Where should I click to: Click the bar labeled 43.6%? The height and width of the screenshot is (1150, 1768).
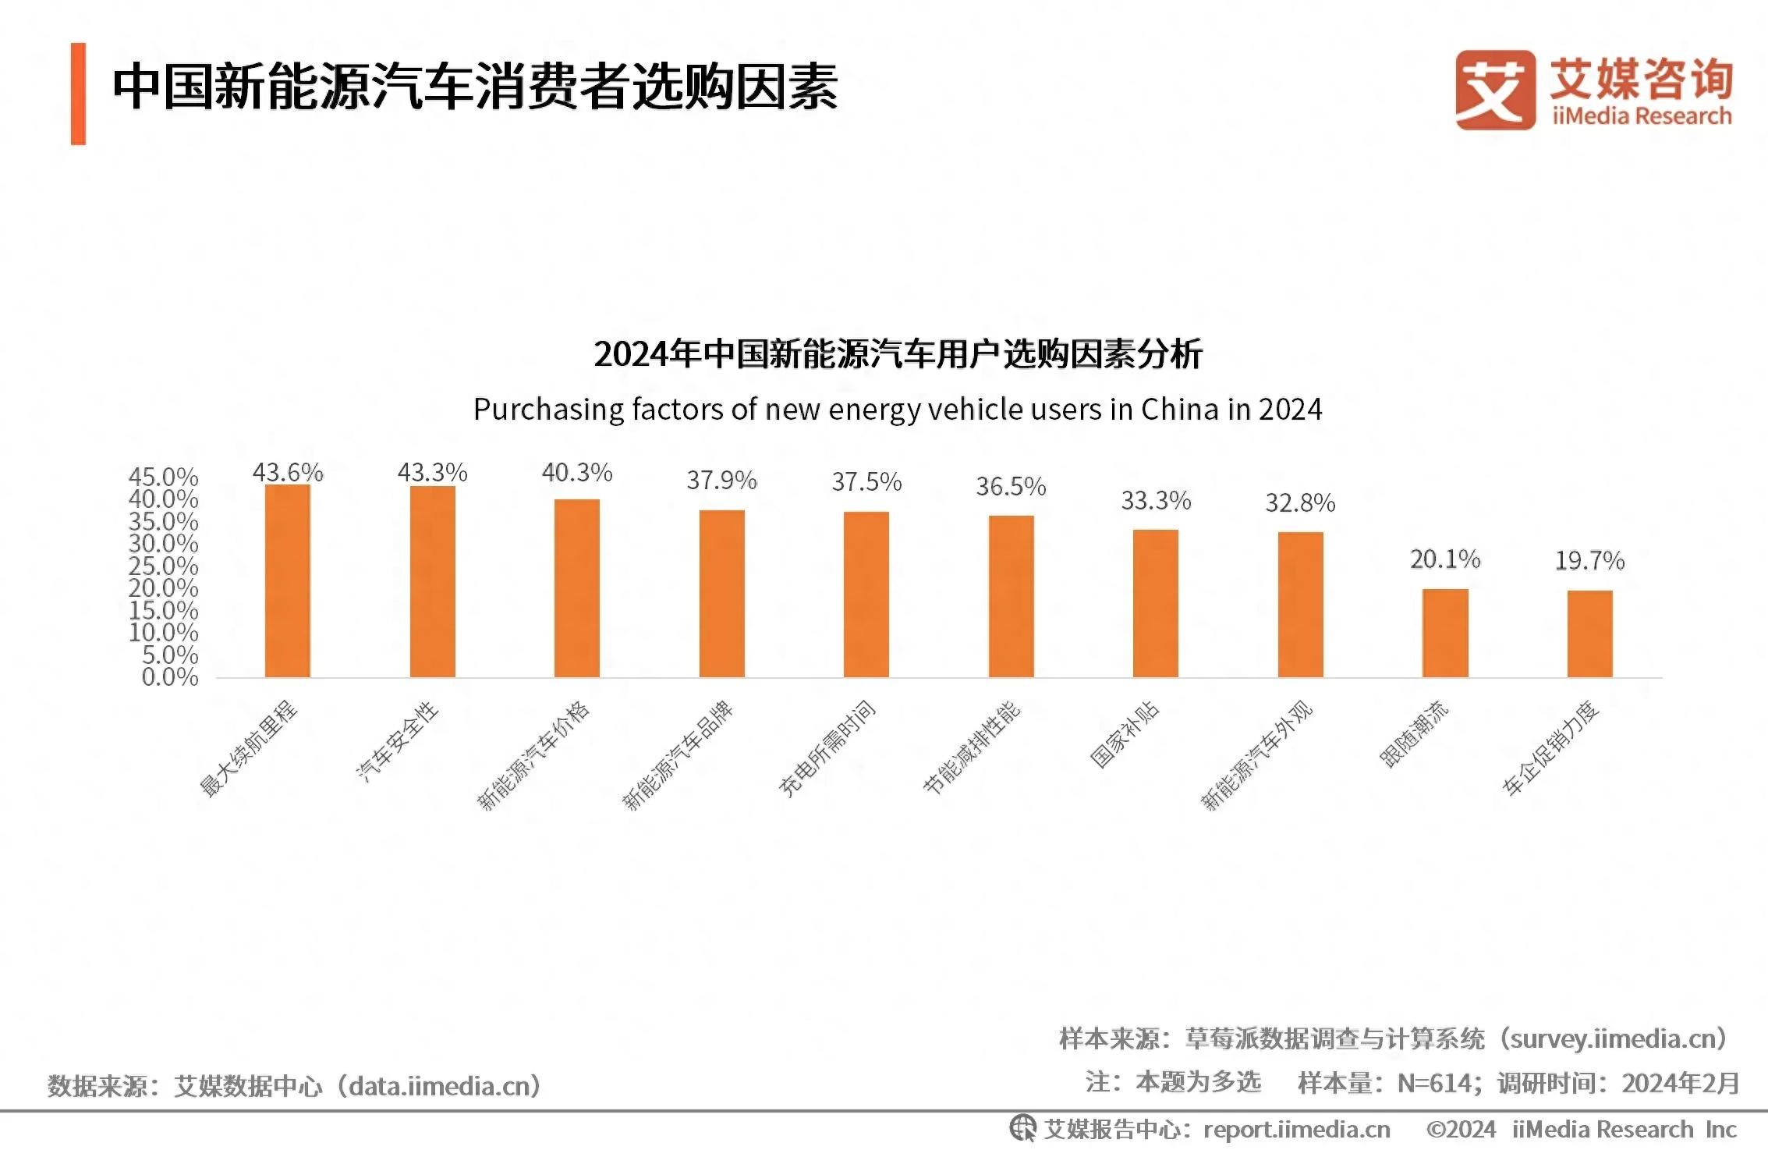point(287,580)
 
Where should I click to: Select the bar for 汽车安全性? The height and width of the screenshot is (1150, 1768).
point(432,581)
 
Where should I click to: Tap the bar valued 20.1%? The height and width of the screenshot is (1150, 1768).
point(1445,633)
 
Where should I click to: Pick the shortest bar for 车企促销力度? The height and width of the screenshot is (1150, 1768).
point(1589,634)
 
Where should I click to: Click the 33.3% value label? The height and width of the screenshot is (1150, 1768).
point(1156,501)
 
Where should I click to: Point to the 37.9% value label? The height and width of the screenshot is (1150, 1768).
point(721,481)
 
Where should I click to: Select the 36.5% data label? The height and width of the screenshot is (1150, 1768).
point(1011,487)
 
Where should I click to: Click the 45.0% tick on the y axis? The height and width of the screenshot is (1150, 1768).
point(163,477)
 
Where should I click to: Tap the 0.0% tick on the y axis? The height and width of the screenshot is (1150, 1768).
point(169,677)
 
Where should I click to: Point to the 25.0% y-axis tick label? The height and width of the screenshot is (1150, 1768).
point(163,566)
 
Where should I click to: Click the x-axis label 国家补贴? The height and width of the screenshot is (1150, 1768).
point(1124,735)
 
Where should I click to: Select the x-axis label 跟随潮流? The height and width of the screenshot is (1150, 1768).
point(1413,734)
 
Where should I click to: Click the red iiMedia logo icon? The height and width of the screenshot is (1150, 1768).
point(1494,90)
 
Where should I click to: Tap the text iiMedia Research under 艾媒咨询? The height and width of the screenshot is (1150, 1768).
point(1641,117)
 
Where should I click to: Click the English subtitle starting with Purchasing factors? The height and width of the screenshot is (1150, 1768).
point(898,410)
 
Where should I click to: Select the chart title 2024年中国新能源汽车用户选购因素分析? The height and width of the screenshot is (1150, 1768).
point(898,354)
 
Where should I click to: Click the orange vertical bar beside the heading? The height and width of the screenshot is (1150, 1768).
point(78,94)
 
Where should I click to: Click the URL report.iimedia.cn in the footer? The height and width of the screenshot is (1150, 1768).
point(1296,1129)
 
